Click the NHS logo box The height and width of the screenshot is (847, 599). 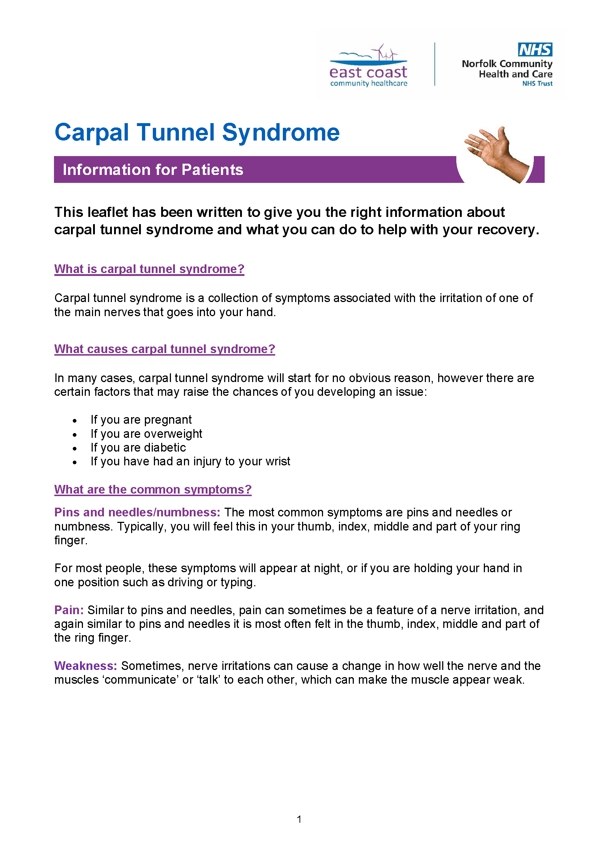[535, 50]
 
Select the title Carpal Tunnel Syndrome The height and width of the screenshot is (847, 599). [197, 133]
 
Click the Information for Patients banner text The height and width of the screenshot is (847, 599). [153, 170]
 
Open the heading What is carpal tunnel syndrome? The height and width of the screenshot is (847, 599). [149, 269]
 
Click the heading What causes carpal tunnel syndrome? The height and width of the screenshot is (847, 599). [164, 349]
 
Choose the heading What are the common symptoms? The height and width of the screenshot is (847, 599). [153, 490]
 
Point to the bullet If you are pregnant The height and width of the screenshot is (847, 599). [141, 420]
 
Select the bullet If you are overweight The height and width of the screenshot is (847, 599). [146, 434]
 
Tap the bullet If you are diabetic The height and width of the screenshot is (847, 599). [138, 448]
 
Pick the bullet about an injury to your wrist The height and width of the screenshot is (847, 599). [190, 461]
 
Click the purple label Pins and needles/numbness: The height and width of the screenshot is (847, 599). [137, 512]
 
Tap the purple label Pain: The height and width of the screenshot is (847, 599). [69, 610]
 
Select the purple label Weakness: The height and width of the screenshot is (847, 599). [85, 666]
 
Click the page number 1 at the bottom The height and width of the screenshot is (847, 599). [299, 819]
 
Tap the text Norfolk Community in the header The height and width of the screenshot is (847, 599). [507, 64]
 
